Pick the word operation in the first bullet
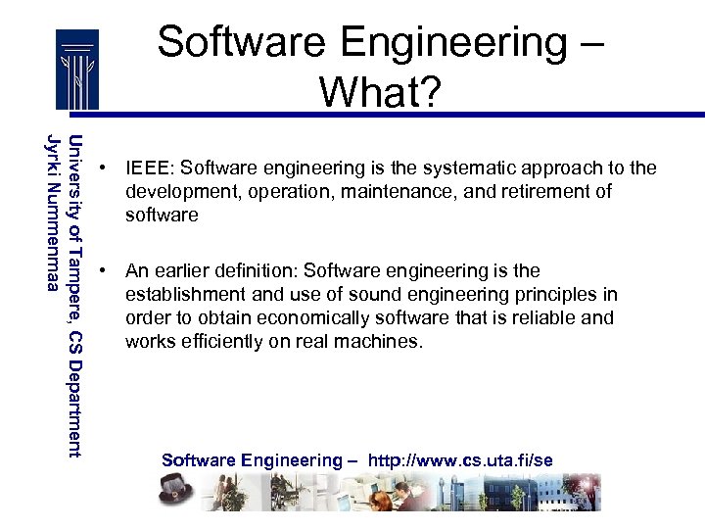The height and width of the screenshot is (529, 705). coord(291,191)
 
